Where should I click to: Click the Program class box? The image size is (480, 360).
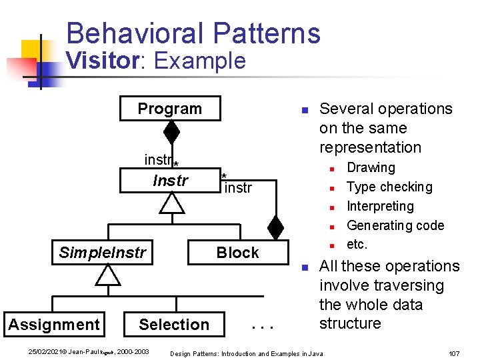tap(169, 109)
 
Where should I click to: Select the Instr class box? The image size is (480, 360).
tap(171, 181)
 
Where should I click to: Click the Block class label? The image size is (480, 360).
tap(237, 253)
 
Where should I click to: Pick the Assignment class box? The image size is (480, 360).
tap(54, 325)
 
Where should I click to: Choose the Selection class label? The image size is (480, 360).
tap(173, 325)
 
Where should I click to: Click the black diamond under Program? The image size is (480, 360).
tap(171, 132)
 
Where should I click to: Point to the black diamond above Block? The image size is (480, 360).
tap(275, 227)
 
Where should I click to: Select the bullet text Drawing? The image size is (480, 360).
tap(371, 168)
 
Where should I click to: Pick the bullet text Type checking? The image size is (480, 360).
tap(389, 187)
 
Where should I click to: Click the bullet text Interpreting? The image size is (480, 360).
tap(380, 207)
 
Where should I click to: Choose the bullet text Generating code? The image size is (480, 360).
tap(395, 225)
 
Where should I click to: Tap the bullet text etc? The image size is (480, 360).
tap(357, 244)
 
